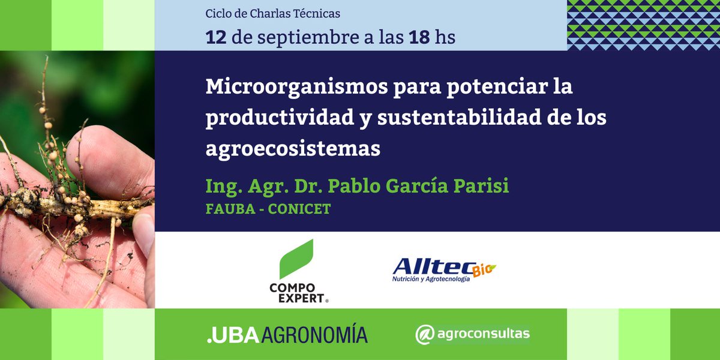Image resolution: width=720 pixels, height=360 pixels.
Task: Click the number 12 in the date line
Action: coord(216,37)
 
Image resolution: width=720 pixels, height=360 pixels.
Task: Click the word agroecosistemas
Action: coord(293,149)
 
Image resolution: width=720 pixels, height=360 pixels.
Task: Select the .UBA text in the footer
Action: coord(224,335)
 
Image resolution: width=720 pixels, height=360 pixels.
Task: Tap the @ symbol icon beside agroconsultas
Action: coord(425,334)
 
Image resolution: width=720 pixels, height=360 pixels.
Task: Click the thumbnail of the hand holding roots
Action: coord(77,180)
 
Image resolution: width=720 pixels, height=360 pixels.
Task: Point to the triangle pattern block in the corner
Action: coord(643,25)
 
